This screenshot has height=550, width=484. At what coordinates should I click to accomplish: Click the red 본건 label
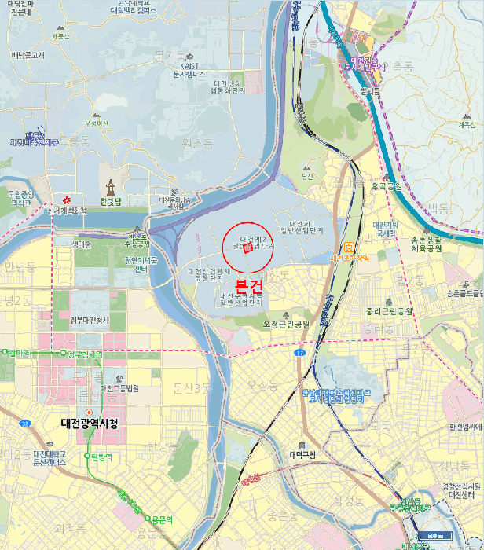(x=248, y=286)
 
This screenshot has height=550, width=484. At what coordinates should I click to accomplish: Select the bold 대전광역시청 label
(x=89, y=423)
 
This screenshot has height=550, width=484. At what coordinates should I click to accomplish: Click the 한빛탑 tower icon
(x=112, y=186)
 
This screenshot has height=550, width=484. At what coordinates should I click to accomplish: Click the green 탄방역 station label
(x=102, y=456)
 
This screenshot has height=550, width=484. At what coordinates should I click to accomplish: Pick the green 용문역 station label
(x=162, y=519)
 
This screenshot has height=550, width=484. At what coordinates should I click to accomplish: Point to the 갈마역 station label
(x=16, y=353)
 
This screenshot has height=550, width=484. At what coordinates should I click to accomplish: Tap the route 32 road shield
(x=24, y=423)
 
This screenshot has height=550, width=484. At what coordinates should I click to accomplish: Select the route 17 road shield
(x=300, y=353)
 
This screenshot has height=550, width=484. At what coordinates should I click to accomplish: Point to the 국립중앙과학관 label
(x=19, y=197)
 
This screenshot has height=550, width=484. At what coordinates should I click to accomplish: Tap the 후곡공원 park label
(x=387, y=187)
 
